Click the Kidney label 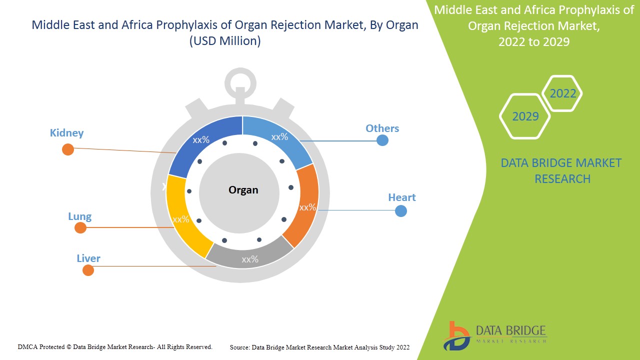pos(66,133)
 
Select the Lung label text pos(79,216)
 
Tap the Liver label pos(88,258)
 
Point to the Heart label pos(401,197)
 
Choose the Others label pos(382,128)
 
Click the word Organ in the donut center pos(243,190)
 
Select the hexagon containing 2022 pos(562,93)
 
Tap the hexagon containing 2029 pos(525,116)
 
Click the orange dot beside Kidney pos(67,149)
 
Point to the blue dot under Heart pos(400,211)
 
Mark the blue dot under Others pos(382,140)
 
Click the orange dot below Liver pos(88,270)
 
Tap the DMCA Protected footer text pos(115,346)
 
